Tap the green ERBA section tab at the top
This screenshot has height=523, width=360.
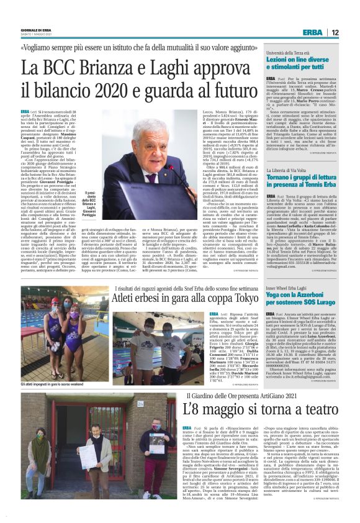pos(312,32)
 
